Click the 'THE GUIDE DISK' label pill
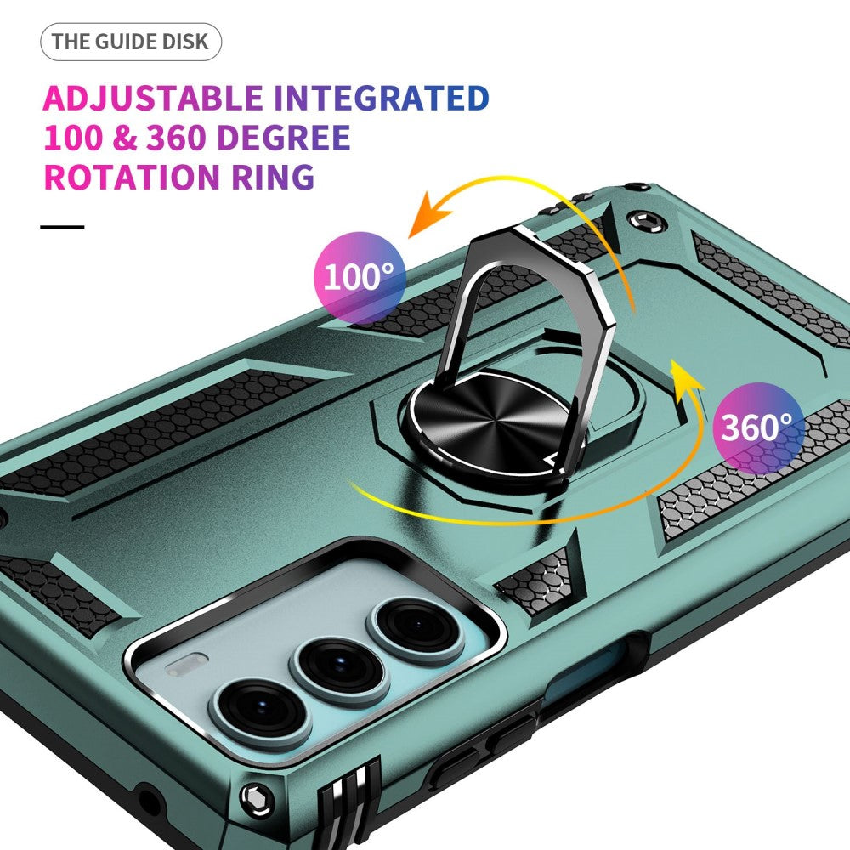pyautogui.click(x=130, y=42)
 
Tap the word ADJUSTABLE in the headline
pyautogui.click(x=153, y=99)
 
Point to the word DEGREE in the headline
pyautogui.click(x=284, y=138)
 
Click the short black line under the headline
pyautogui.click(x=63, y=227)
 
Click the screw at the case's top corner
pyautogui.click(x=648, y=224)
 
